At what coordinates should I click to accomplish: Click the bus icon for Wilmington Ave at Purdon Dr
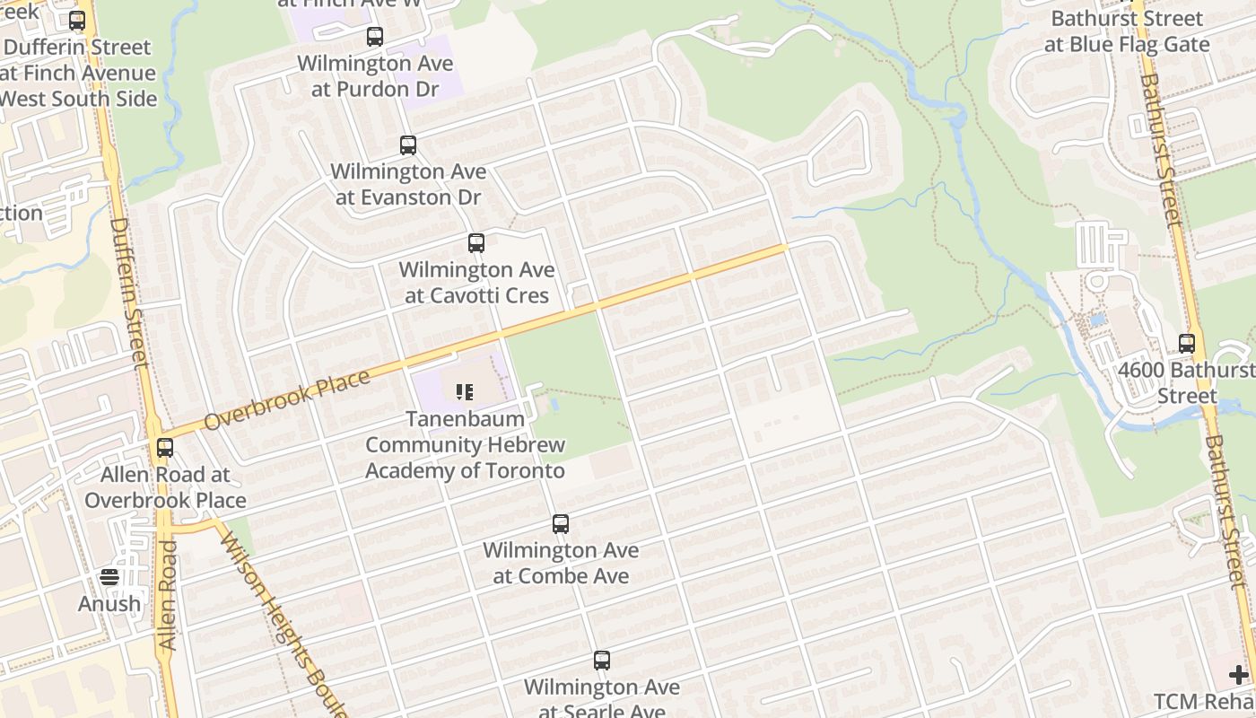[375, 37]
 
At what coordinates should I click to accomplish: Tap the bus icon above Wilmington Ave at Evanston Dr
[408, 144]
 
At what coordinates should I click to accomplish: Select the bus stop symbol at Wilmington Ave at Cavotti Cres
[476, 242]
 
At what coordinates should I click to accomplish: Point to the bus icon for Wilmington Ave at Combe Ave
[561, 523]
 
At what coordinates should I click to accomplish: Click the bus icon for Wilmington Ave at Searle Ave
[602, 661]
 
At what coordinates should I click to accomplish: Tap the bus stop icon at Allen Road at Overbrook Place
[165, 447]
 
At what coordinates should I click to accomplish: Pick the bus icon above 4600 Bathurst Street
[1187, 343]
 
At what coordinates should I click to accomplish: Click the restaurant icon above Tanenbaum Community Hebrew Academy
[464, 391]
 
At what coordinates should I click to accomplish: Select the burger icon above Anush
[109, 577]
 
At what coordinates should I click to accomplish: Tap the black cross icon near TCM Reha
[1239, 675]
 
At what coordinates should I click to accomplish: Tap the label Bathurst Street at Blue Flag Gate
[1127, 31]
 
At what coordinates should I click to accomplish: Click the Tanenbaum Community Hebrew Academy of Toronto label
[465, 445]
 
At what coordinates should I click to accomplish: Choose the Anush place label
[109, 604]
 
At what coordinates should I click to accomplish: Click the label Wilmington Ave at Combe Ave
[561, 563]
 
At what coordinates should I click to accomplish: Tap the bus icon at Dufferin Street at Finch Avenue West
[77, 21]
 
